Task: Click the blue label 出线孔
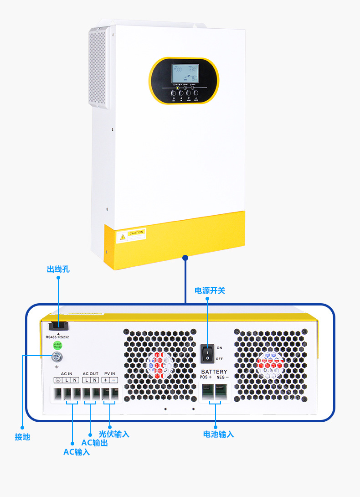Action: coord(58,269)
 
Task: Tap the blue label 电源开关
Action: coord(210,290)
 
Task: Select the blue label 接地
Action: coord(22,437)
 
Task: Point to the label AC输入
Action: coord(77,452)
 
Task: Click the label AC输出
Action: coord(94,443)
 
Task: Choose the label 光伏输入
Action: coord(114,434)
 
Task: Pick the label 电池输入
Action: coord(218,434)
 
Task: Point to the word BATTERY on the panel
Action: coord(214,372)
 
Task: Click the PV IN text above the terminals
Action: coord(110,374)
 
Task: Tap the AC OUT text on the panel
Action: coord(90,374)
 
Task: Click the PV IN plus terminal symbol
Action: coord(106,380)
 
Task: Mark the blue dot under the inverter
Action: coord(185,258)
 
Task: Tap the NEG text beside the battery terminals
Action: coord(222,378)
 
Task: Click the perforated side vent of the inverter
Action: coord(97,68)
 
